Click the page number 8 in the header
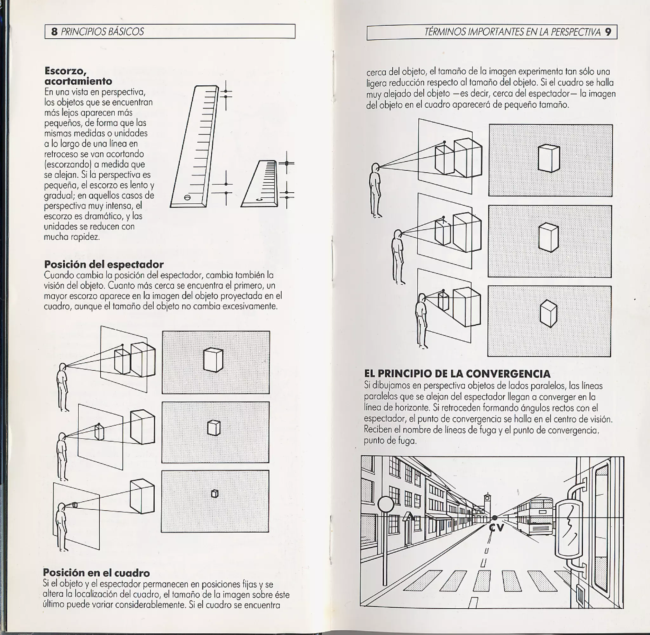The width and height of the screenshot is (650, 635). tap(54, 32)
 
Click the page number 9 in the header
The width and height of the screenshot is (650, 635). tap(608, 32)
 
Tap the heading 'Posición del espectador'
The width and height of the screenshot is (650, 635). tap(104, 264)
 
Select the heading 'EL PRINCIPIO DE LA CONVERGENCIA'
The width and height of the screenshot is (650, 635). tap(457, 374)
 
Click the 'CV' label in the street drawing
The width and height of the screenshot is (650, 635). tap(496, 528)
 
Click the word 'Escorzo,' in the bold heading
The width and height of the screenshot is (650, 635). tap(65, 71)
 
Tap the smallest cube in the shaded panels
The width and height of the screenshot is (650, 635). tap(215, 493)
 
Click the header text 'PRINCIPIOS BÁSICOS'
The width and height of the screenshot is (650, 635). tap(103, 32)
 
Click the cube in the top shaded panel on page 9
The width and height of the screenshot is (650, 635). tap(549, 158)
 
